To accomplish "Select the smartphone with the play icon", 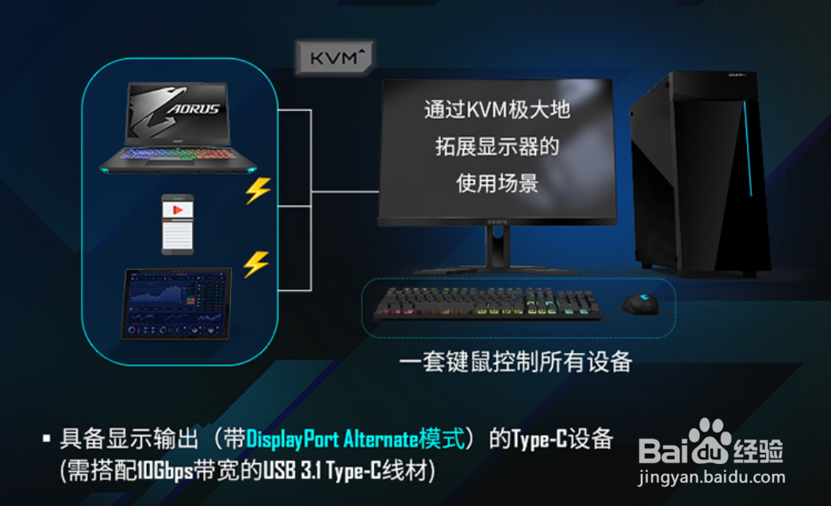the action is coord(178,223).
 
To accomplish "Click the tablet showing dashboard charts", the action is coord(176,303).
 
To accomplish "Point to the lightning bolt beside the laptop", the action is coord(258,190).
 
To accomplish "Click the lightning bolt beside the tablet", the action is coord(255,263).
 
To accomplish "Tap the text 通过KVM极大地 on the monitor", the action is coord(497,110).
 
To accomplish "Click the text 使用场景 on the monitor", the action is coord(497,183).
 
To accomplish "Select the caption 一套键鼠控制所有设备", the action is coord(515,362).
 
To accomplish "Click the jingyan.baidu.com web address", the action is coord(712,477).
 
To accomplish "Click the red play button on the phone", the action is coord(178,209).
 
